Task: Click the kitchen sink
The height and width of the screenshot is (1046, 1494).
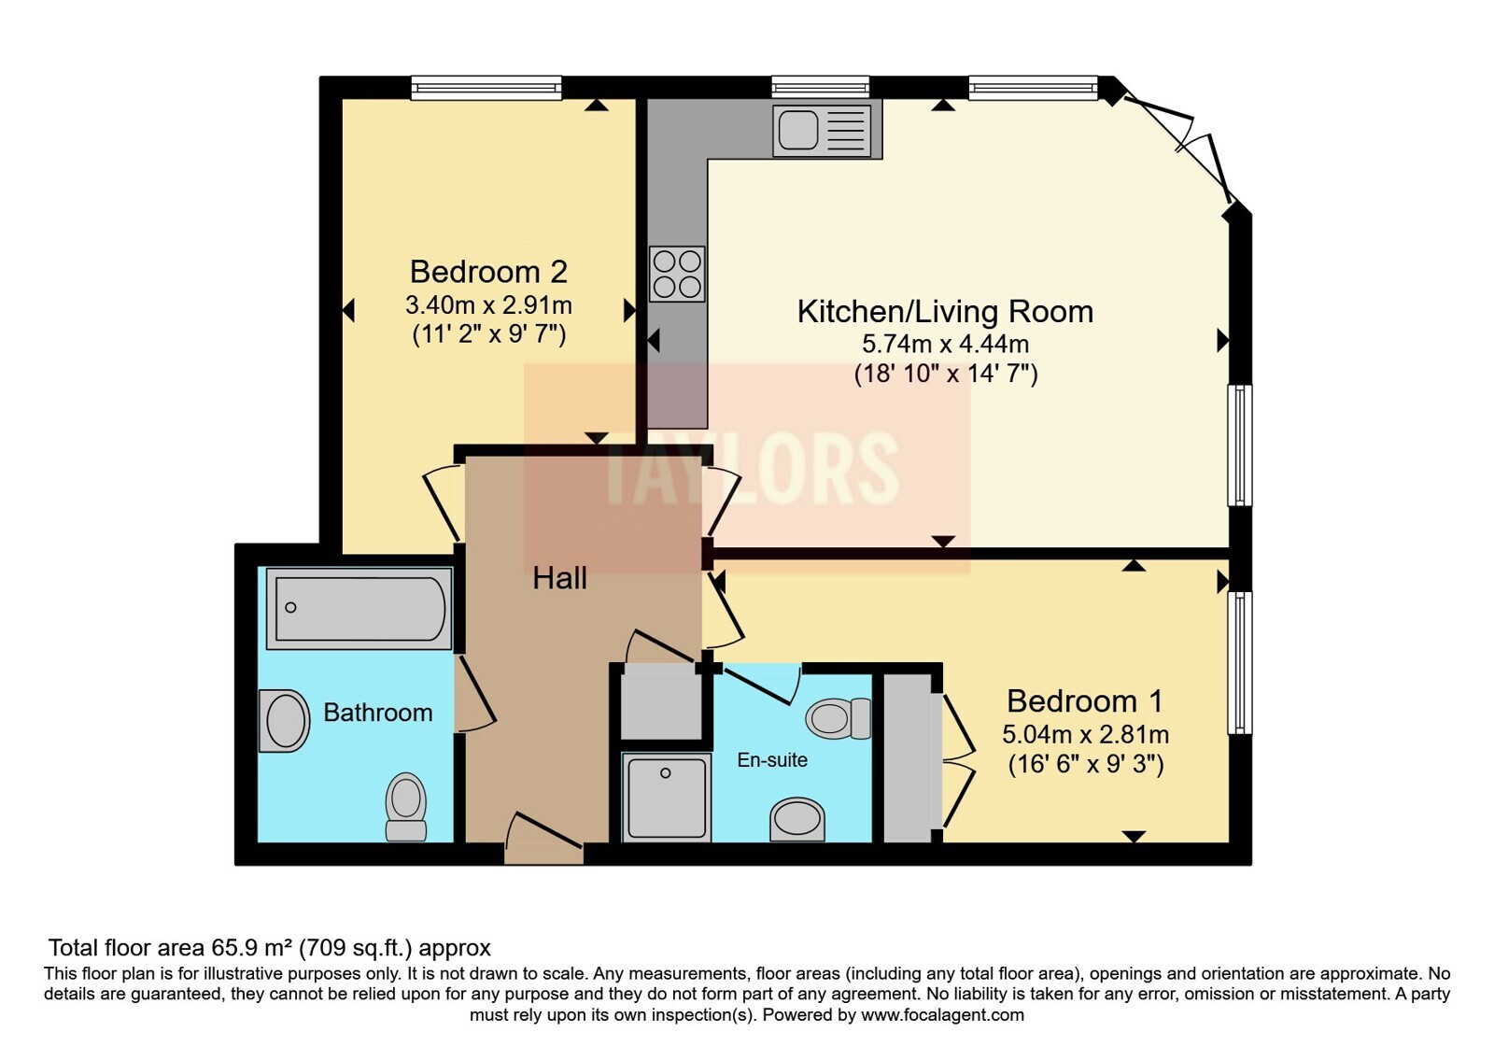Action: coord(821,130)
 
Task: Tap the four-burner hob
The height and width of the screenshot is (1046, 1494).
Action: coord(677,274)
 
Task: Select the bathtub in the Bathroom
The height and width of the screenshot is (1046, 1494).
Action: coord(359,608)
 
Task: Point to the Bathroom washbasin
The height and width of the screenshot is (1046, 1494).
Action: coord(284,721)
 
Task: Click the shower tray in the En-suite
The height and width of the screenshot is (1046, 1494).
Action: coord(666,797)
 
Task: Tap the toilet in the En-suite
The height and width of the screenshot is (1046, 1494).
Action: coord(838,719)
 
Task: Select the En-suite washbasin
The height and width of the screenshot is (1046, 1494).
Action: coord(796,820)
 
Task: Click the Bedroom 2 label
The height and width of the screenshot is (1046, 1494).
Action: coord(488,272)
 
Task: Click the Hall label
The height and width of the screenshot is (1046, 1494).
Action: coord(559,578)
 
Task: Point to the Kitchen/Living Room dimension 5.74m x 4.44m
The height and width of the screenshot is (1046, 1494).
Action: coord(945,344)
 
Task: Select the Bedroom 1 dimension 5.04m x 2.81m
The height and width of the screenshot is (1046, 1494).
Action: coord(1085,734)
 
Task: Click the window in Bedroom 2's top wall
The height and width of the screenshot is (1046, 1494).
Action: coord(486,88)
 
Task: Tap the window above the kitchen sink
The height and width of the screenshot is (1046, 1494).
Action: coord(821,88)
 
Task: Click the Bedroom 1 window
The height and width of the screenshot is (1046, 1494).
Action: coord(1239,662)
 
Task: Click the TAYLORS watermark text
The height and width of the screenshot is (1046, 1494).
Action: coord(752,467)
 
